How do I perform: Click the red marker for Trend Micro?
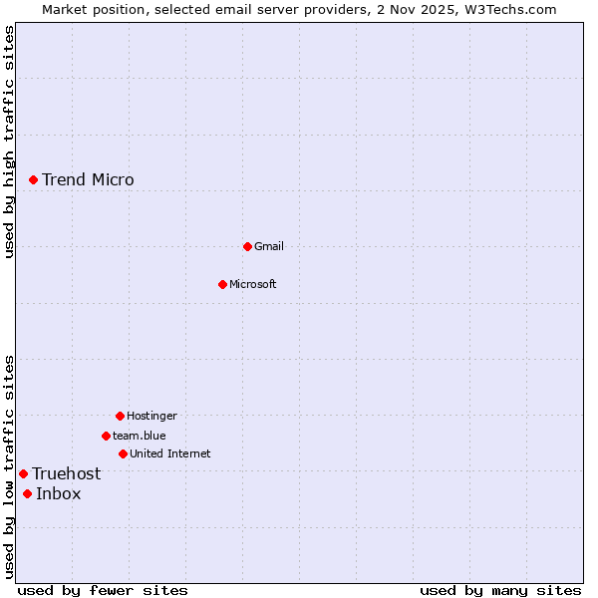pyautogui.click(x=33, y=179)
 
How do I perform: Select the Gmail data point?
pyautogui.click(x=247, y=246)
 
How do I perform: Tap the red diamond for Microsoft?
pyautogui.click(x=222, y=284)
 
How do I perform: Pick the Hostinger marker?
pyautogui.click(x=120, y=416)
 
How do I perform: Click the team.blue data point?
pyautogui.click(x=106, y=436)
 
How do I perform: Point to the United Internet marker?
pyautogui.click(x=123, y=453)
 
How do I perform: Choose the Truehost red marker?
pyautogui.click(x=23, y=473)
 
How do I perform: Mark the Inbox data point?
pyautogui.click(x=27, y=493)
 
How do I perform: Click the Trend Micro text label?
pyautogui.click(x=88, y=180)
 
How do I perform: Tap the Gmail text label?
pyautogui.click(x=269, y=246)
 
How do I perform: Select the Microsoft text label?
pyautogui.click(x=253, y=284)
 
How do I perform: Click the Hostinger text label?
pyautogui.click(x=151, y=416)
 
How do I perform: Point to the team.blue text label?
pyautogui.click(x=140, y=436)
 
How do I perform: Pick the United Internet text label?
pyautogui.click(x=170, y=453)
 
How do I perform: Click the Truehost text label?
pyautogui.click(x=67, y=474)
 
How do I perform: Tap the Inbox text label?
pyautogui.click(x=59, y=494)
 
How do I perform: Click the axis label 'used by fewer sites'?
pyautogui.click(x=103, y=590)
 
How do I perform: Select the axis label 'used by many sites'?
pyautogui.click(x=500, y=590)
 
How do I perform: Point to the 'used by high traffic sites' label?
pyautogui.click(x=9, y=142)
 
